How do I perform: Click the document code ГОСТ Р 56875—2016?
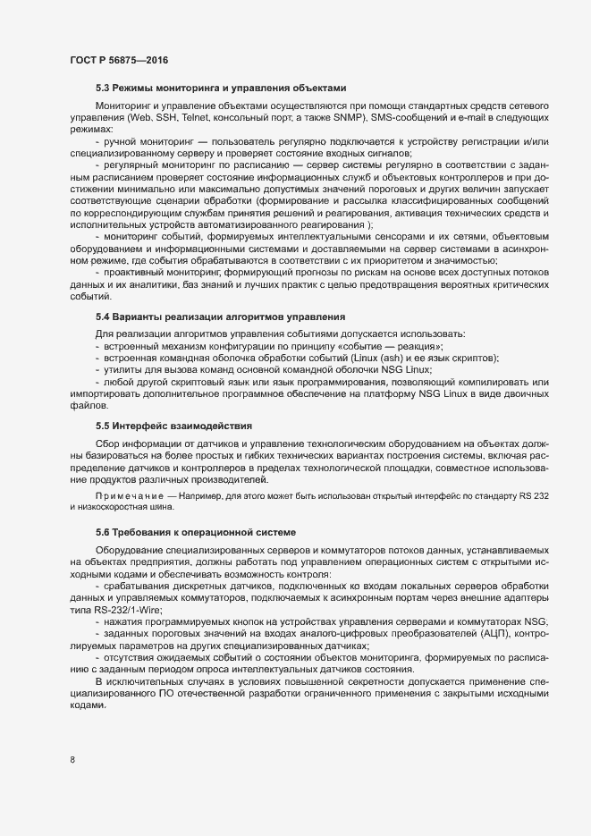tap(118, 60)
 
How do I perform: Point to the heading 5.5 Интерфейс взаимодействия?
tap(173, 425)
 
